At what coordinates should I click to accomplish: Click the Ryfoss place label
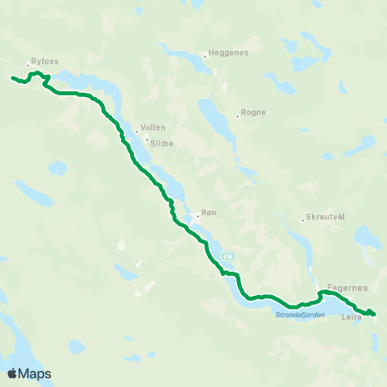pyautogui.click(x=45, y=61)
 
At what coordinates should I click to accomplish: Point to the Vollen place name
pyautogui.click(x=152, y=127)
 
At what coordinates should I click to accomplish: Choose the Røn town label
pyautogui.click(x=209, y=214)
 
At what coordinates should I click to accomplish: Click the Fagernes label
pyautogui.click(x=348, y=288)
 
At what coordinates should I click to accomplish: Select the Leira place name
pyautogui.click(x=352, y=317)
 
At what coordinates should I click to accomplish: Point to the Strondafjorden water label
pyautogui.click(x=299, y=315)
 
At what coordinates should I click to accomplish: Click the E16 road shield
pyautogui.click(x=229, y=256)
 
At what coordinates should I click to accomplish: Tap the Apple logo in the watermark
pyautogui.click(x=12, y=373)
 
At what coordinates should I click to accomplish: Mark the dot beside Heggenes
pyautogui.click(x=206, y=54)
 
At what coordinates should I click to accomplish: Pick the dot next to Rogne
pyautogui.click(x=237, y=114)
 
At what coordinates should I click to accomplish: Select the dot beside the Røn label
pyautogui.click(x=197, y=214)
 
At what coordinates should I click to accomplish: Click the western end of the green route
pyautogui.click(x=12, y=77)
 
